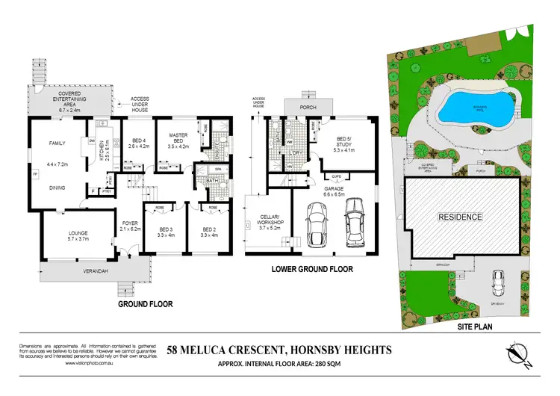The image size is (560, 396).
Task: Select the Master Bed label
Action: [x=177, y=139]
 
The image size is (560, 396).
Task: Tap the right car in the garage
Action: [x=353, y=223]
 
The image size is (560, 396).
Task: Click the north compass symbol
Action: [x=518, y=356]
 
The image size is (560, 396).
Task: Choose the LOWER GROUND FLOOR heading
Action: [x=313, y=270]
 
